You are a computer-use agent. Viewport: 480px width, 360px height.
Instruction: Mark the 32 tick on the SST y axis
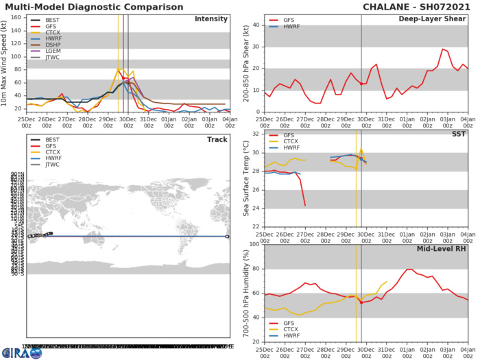pos(257,134)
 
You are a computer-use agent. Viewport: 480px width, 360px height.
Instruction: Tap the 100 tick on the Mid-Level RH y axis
pos(255,244)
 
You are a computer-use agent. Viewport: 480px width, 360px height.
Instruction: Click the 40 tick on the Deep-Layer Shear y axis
pos(257,25)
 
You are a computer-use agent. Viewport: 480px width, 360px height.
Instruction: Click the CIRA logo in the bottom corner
pos(21,352)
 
